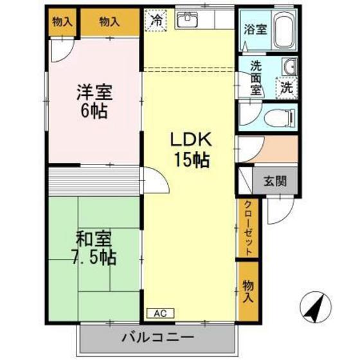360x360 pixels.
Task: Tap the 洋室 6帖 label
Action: pyautogui.click(x=94, y=100)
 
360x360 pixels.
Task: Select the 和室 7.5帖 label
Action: pyautogui.click(x=94, y=248)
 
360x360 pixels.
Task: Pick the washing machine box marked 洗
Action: pyautogui.click(x=286, y=89)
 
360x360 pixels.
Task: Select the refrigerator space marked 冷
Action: pyautogui.click(x=156, y=20)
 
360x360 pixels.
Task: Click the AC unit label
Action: pyautogui.click(x=159, y=313)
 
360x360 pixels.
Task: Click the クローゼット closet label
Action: pyautogui.click(x=248, y=228)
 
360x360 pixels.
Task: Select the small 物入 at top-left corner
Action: pyautogui.click(x=62, y=21)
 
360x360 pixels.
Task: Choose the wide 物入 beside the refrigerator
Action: pyautogui.click(x=109, y=21)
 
